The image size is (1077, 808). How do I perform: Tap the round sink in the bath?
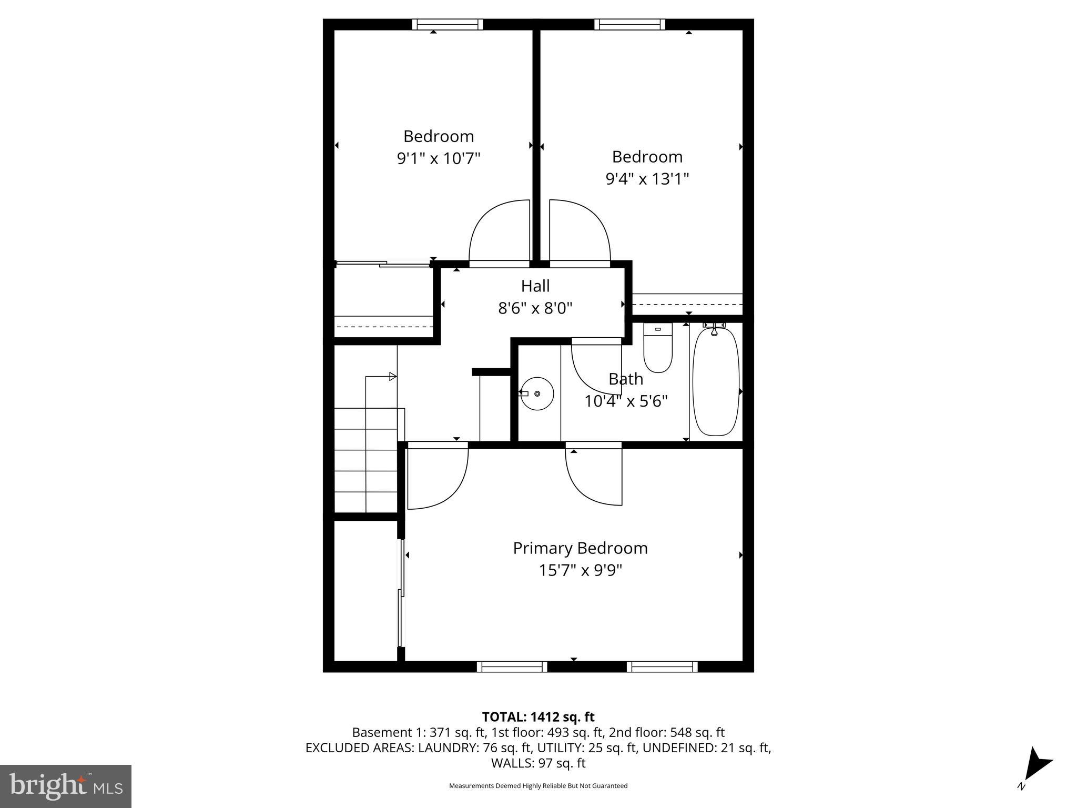point(537,393)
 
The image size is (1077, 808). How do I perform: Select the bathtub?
point(716,382)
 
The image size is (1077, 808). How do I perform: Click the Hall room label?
point(535,286)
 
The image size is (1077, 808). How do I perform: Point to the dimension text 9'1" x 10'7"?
point(439,158)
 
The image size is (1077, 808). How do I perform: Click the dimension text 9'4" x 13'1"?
point(647,179)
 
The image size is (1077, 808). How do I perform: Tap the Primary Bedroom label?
point(580,548)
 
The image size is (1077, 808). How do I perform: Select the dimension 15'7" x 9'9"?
point(580,570)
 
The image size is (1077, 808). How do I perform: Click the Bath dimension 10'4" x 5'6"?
point(626,401)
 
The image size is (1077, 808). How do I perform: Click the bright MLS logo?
point(66,786)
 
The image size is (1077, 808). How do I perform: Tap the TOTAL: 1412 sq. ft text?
point(538,717)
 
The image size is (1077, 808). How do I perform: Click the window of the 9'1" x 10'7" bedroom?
point(447,24)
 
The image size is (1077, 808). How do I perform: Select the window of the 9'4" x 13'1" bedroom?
point(629,24)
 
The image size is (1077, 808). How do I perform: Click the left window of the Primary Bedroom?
point(512,667)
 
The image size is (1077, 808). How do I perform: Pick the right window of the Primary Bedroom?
point(662,667)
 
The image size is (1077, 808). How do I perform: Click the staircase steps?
point(365,460)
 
